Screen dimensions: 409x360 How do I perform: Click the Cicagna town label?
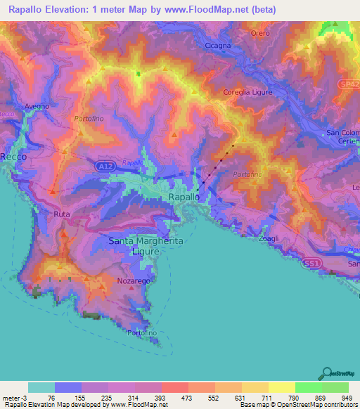point(217,46)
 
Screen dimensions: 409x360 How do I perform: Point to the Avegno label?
point(37,106)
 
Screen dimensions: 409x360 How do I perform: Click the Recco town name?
point(13,157)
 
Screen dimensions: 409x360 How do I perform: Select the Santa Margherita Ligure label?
point(146,246)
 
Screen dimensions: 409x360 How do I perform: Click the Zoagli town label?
point(266,239)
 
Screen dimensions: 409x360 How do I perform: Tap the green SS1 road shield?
point(313,264)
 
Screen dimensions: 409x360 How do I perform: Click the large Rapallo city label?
point(188,198)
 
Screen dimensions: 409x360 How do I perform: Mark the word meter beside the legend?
point(11,398)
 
